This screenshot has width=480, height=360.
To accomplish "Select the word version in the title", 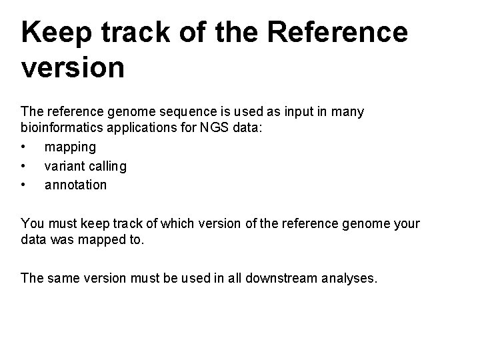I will point(73,67).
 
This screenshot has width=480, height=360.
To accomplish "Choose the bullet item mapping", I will point(70,147).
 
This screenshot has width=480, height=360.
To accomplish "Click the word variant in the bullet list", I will point(64,165).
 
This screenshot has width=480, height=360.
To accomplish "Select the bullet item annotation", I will point(75,184).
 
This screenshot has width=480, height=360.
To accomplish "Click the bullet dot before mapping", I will point(24,147).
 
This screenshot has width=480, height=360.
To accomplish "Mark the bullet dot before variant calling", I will point(24,165).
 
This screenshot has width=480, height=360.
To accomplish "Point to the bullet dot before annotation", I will point(24,184).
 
